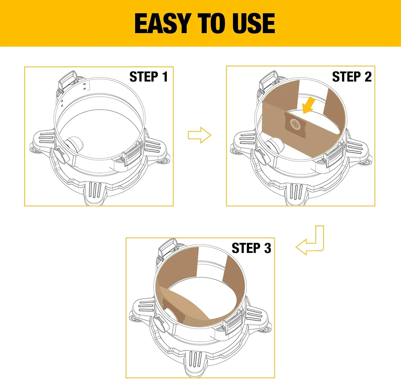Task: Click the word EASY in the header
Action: [x=164, y=24]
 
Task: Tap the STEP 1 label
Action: [x=149, y=77]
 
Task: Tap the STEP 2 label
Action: [x=352, y=77]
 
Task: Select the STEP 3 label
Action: [x=251, y=248]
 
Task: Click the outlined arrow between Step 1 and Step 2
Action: [x=199, y=135]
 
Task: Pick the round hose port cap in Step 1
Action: [x=59, y=157]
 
